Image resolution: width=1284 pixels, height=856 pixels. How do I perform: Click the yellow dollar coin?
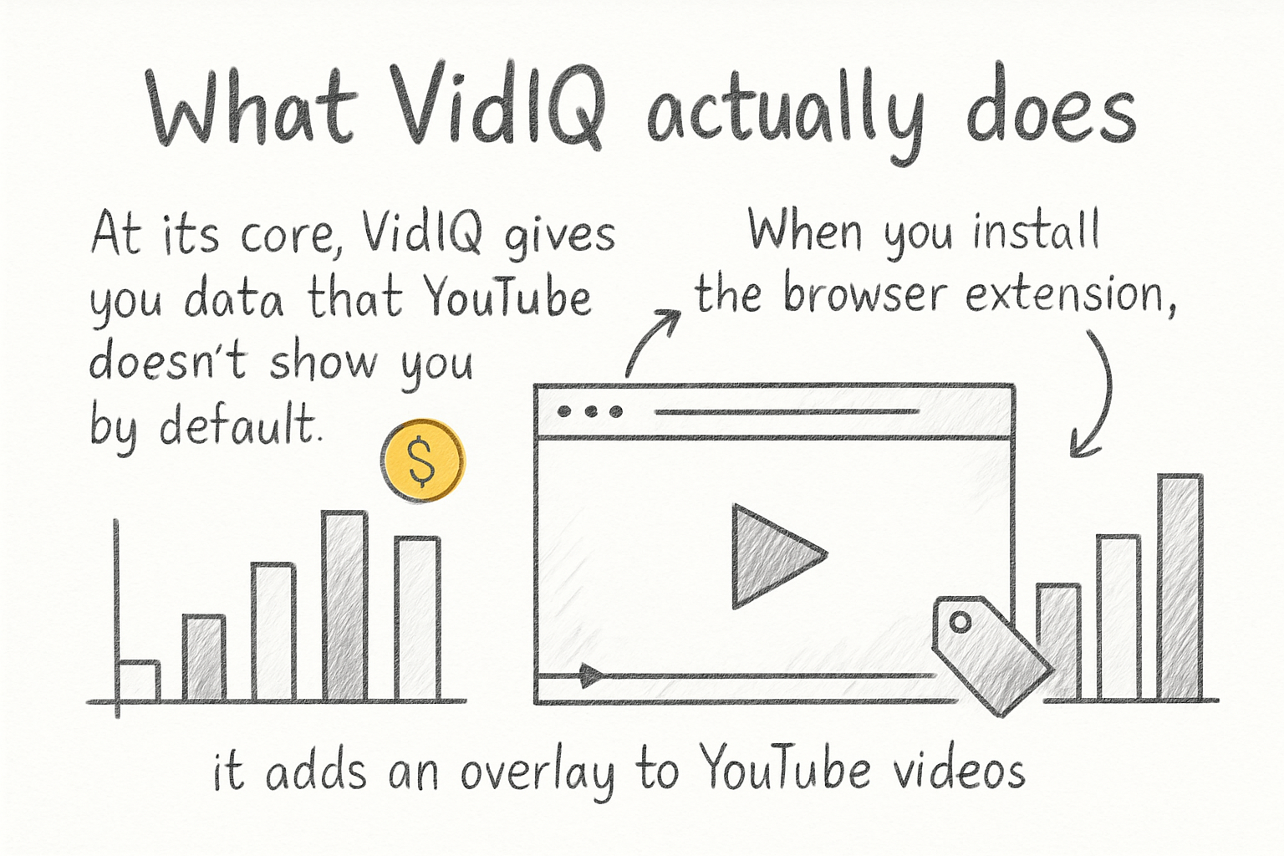[422, 461]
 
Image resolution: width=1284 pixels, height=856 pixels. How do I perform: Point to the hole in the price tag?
[961, 622]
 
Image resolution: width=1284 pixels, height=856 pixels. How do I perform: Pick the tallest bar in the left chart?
[345, 605]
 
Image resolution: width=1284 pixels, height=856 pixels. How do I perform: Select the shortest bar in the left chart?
[139, 680]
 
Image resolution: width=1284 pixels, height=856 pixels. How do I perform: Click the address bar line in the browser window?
[786, 411]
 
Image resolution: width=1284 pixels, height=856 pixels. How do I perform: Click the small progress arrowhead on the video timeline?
[591, 675]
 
